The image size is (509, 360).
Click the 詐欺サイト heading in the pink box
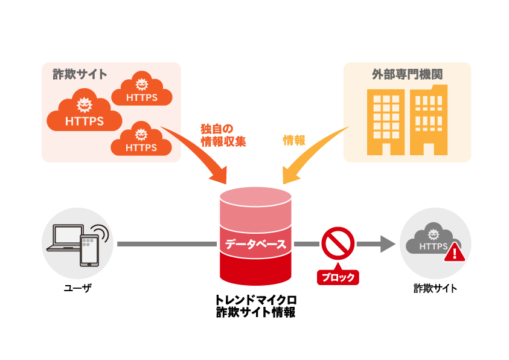point(80,75)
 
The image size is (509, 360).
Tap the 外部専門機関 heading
point(407,75)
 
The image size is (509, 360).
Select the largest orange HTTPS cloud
point(84,113)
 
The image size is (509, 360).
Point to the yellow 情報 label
point(294,140)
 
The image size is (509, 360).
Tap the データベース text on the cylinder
point(255,245)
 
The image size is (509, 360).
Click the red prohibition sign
point(338,243)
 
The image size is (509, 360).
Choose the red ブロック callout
point(338,277)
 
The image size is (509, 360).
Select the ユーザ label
point(78,289)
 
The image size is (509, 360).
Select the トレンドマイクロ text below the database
point(255,300)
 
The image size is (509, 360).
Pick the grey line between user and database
point(166,244)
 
